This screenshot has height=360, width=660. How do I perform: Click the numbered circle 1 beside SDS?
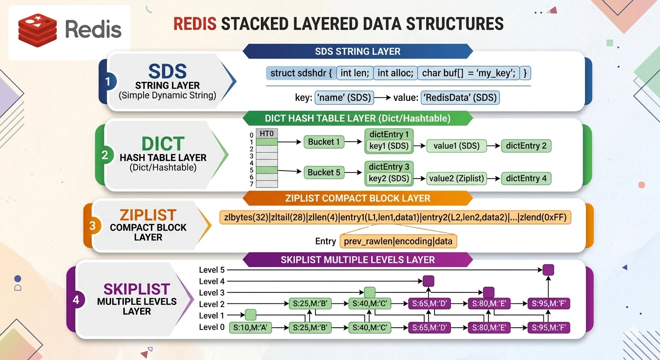tap(108, 82)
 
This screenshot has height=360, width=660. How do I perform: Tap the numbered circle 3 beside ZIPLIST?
tap(92, 226)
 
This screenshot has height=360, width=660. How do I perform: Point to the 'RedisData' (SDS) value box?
tap(460, 97)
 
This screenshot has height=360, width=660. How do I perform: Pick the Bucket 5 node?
tap(324, 172)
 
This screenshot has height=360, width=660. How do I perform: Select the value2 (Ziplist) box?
tap(457, 178)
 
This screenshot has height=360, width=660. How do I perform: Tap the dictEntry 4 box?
tap(526, 178)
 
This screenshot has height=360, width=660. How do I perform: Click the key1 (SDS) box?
tap(389, 146)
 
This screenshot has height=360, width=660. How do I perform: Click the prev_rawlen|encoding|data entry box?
tap(398, 241)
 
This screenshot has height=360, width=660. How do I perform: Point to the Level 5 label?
tap(211, 270)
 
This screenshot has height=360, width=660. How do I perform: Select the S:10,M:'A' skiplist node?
tap(250, 328)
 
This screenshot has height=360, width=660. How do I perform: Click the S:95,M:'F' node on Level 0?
tap(549, 328)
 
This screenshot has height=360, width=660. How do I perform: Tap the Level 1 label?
tap(211, 315)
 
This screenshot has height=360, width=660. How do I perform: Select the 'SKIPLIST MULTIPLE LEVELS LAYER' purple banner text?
tap(357, 260)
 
